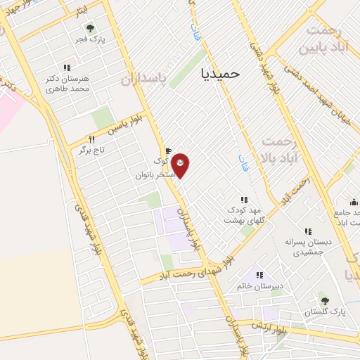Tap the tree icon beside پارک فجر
[x=89, y=28]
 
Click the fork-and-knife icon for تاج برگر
[x=91, y=139]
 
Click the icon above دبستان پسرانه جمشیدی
[x=308, y=231]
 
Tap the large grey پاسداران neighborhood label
[x=148, y=78]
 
